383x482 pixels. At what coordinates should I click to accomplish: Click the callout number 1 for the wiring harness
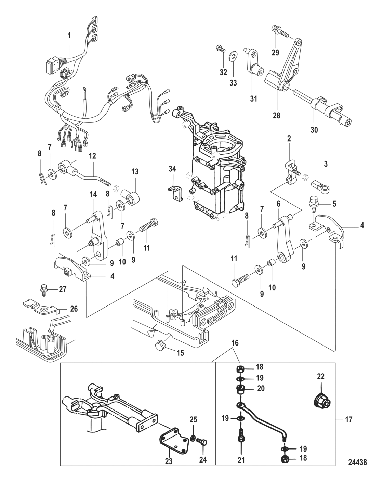69,35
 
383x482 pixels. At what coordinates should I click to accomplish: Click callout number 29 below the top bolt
275,53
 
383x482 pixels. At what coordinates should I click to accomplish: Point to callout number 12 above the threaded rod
92,156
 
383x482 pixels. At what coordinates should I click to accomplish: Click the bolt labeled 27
44,289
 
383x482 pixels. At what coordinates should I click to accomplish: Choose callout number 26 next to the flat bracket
74,309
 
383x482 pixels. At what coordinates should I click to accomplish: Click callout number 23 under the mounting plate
169,461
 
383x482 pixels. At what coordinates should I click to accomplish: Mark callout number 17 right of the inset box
348,419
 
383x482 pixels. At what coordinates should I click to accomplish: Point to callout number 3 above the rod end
326,164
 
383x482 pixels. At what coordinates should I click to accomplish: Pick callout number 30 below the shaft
314,130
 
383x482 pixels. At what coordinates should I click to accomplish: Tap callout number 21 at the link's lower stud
241,461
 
